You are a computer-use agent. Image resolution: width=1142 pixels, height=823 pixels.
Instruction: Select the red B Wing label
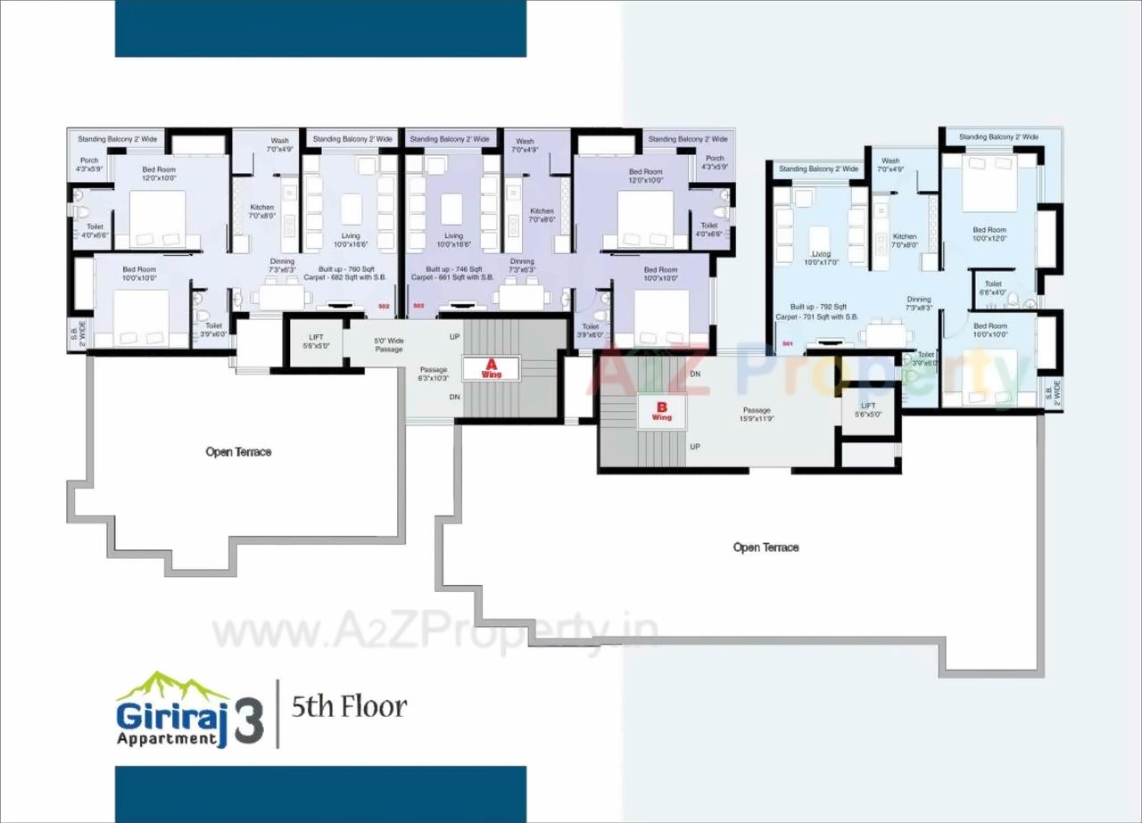(x=661, y=411)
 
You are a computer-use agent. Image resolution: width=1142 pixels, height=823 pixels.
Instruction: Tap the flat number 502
(x=384, y=306)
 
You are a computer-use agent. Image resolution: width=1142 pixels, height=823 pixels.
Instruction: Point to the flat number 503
(x=418, y=306)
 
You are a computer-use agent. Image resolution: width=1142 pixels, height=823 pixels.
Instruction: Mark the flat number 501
(x=787, y=343)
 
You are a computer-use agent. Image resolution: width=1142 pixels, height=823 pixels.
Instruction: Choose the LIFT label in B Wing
(x=868, y=410)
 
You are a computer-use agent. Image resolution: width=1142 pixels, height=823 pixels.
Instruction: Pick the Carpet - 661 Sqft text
(x=452, y=278)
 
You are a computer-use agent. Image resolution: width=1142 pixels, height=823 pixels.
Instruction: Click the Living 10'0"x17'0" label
(x=821, y=259)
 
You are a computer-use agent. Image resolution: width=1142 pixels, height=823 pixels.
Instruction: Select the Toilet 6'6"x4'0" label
(x=993, y=288)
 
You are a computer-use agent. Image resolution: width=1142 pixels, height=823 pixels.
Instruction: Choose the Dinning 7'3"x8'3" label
(x=919, y=303)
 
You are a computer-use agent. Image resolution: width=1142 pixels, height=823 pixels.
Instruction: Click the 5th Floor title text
(x=350, y=708)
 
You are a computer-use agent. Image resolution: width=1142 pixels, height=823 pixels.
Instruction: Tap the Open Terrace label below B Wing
(x=765, y=547)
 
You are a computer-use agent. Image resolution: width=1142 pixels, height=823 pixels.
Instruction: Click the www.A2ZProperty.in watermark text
(x=434, y=633)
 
